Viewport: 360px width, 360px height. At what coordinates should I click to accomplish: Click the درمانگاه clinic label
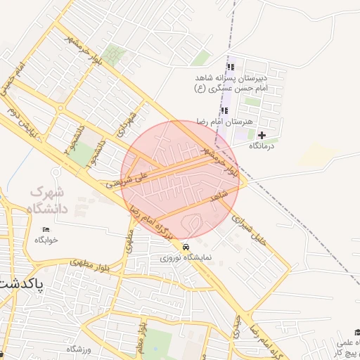point(262,146)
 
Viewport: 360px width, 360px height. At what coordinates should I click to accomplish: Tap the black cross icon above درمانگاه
point(262,135)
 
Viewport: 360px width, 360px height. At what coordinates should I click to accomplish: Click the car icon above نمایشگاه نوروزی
point(186,247)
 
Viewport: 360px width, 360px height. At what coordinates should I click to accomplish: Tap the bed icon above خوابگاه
point(46,229)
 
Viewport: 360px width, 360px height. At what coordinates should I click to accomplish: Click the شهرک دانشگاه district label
point(46,200)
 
